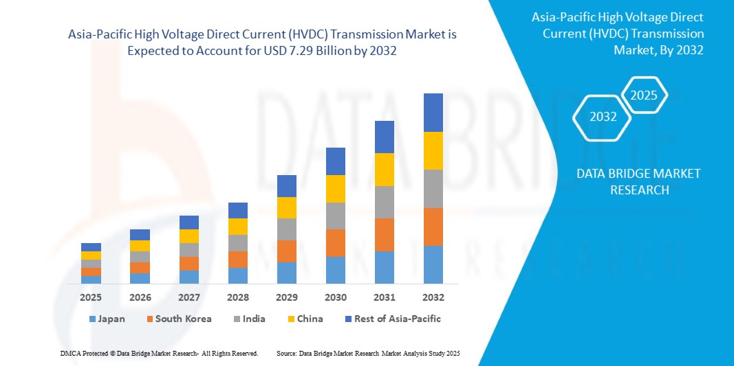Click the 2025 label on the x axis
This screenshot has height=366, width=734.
91,297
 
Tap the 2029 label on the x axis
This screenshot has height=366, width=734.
287,297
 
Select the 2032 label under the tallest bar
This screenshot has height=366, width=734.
433,297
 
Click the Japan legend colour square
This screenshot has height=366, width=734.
92,319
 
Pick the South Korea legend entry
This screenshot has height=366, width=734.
178,319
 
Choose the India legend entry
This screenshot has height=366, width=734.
248,319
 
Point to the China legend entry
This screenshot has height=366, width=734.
305,319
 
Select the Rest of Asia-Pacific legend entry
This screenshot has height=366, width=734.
392,319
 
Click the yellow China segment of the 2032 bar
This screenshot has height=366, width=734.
433,150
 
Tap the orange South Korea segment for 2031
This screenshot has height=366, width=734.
385,235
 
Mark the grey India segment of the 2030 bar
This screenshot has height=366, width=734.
336,216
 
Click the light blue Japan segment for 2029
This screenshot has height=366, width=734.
287,273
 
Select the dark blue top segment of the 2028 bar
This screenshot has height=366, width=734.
238,210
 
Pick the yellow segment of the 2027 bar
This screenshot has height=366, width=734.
189,236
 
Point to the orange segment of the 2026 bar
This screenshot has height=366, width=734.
140,268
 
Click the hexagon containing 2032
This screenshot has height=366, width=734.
603,117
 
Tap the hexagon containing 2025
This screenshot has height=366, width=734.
644,95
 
